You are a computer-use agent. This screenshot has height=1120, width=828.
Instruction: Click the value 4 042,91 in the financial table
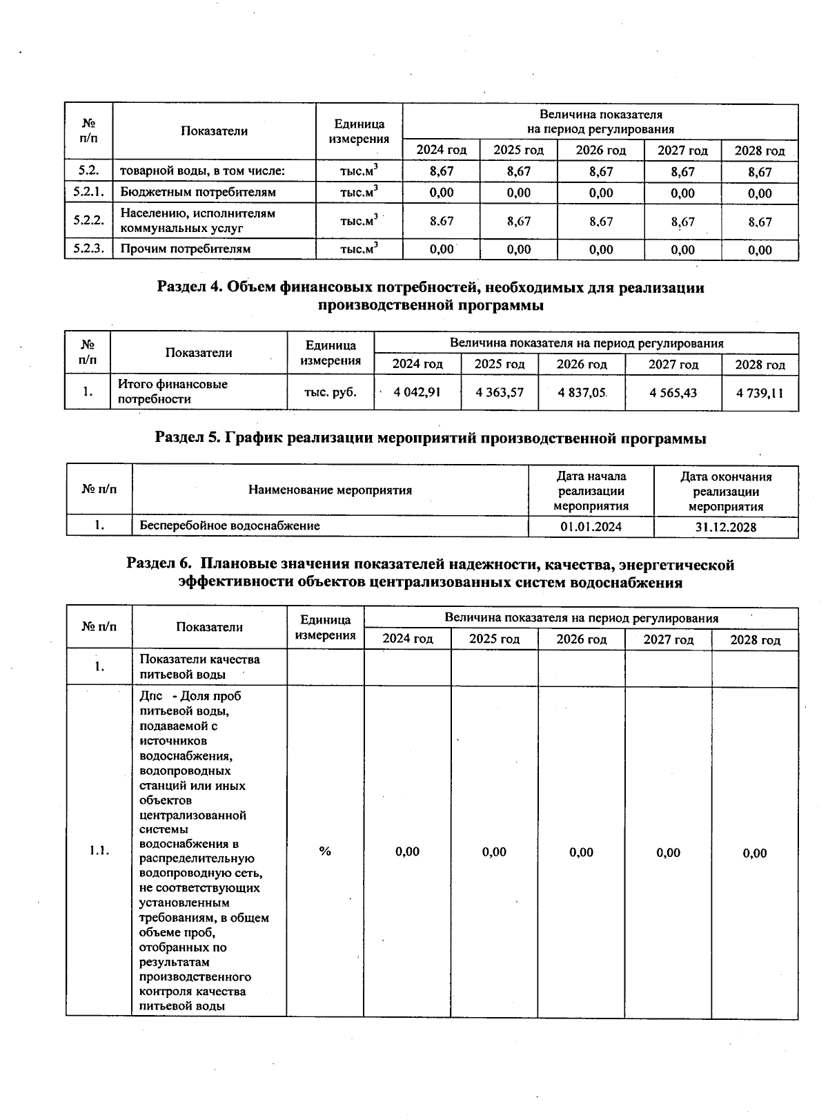[417, 392]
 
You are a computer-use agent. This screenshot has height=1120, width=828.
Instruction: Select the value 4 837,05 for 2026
[582, 392]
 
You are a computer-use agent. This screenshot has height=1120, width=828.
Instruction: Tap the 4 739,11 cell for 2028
[760, 393]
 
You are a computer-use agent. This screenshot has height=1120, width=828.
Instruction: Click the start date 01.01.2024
[591, 527]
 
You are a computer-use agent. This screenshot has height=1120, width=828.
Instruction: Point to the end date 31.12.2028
[726, 527]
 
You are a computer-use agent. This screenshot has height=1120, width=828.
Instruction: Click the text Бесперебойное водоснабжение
[230, 525]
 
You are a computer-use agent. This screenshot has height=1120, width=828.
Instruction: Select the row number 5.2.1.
[88, 192]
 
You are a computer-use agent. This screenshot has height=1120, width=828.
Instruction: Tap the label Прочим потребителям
[185, 249]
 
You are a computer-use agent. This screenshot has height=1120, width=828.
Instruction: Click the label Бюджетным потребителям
[198, 192]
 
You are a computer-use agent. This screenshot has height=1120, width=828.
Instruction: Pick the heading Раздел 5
[186, 438]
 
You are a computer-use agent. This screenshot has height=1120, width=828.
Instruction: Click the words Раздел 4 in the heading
[188, 287]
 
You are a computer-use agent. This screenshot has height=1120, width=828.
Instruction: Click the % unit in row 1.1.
[325, 851]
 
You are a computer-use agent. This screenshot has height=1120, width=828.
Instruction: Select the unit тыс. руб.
[331, 392]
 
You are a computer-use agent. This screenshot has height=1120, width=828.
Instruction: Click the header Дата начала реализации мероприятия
[591, 491]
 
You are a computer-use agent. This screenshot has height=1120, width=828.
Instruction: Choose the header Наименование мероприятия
[330, 490]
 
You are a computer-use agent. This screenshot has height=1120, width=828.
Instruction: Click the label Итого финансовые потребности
[172, 392]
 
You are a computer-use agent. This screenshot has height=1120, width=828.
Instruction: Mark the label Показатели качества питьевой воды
[199, 666]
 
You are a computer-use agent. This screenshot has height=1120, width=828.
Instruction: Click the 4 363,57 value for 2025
[500, 392]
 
